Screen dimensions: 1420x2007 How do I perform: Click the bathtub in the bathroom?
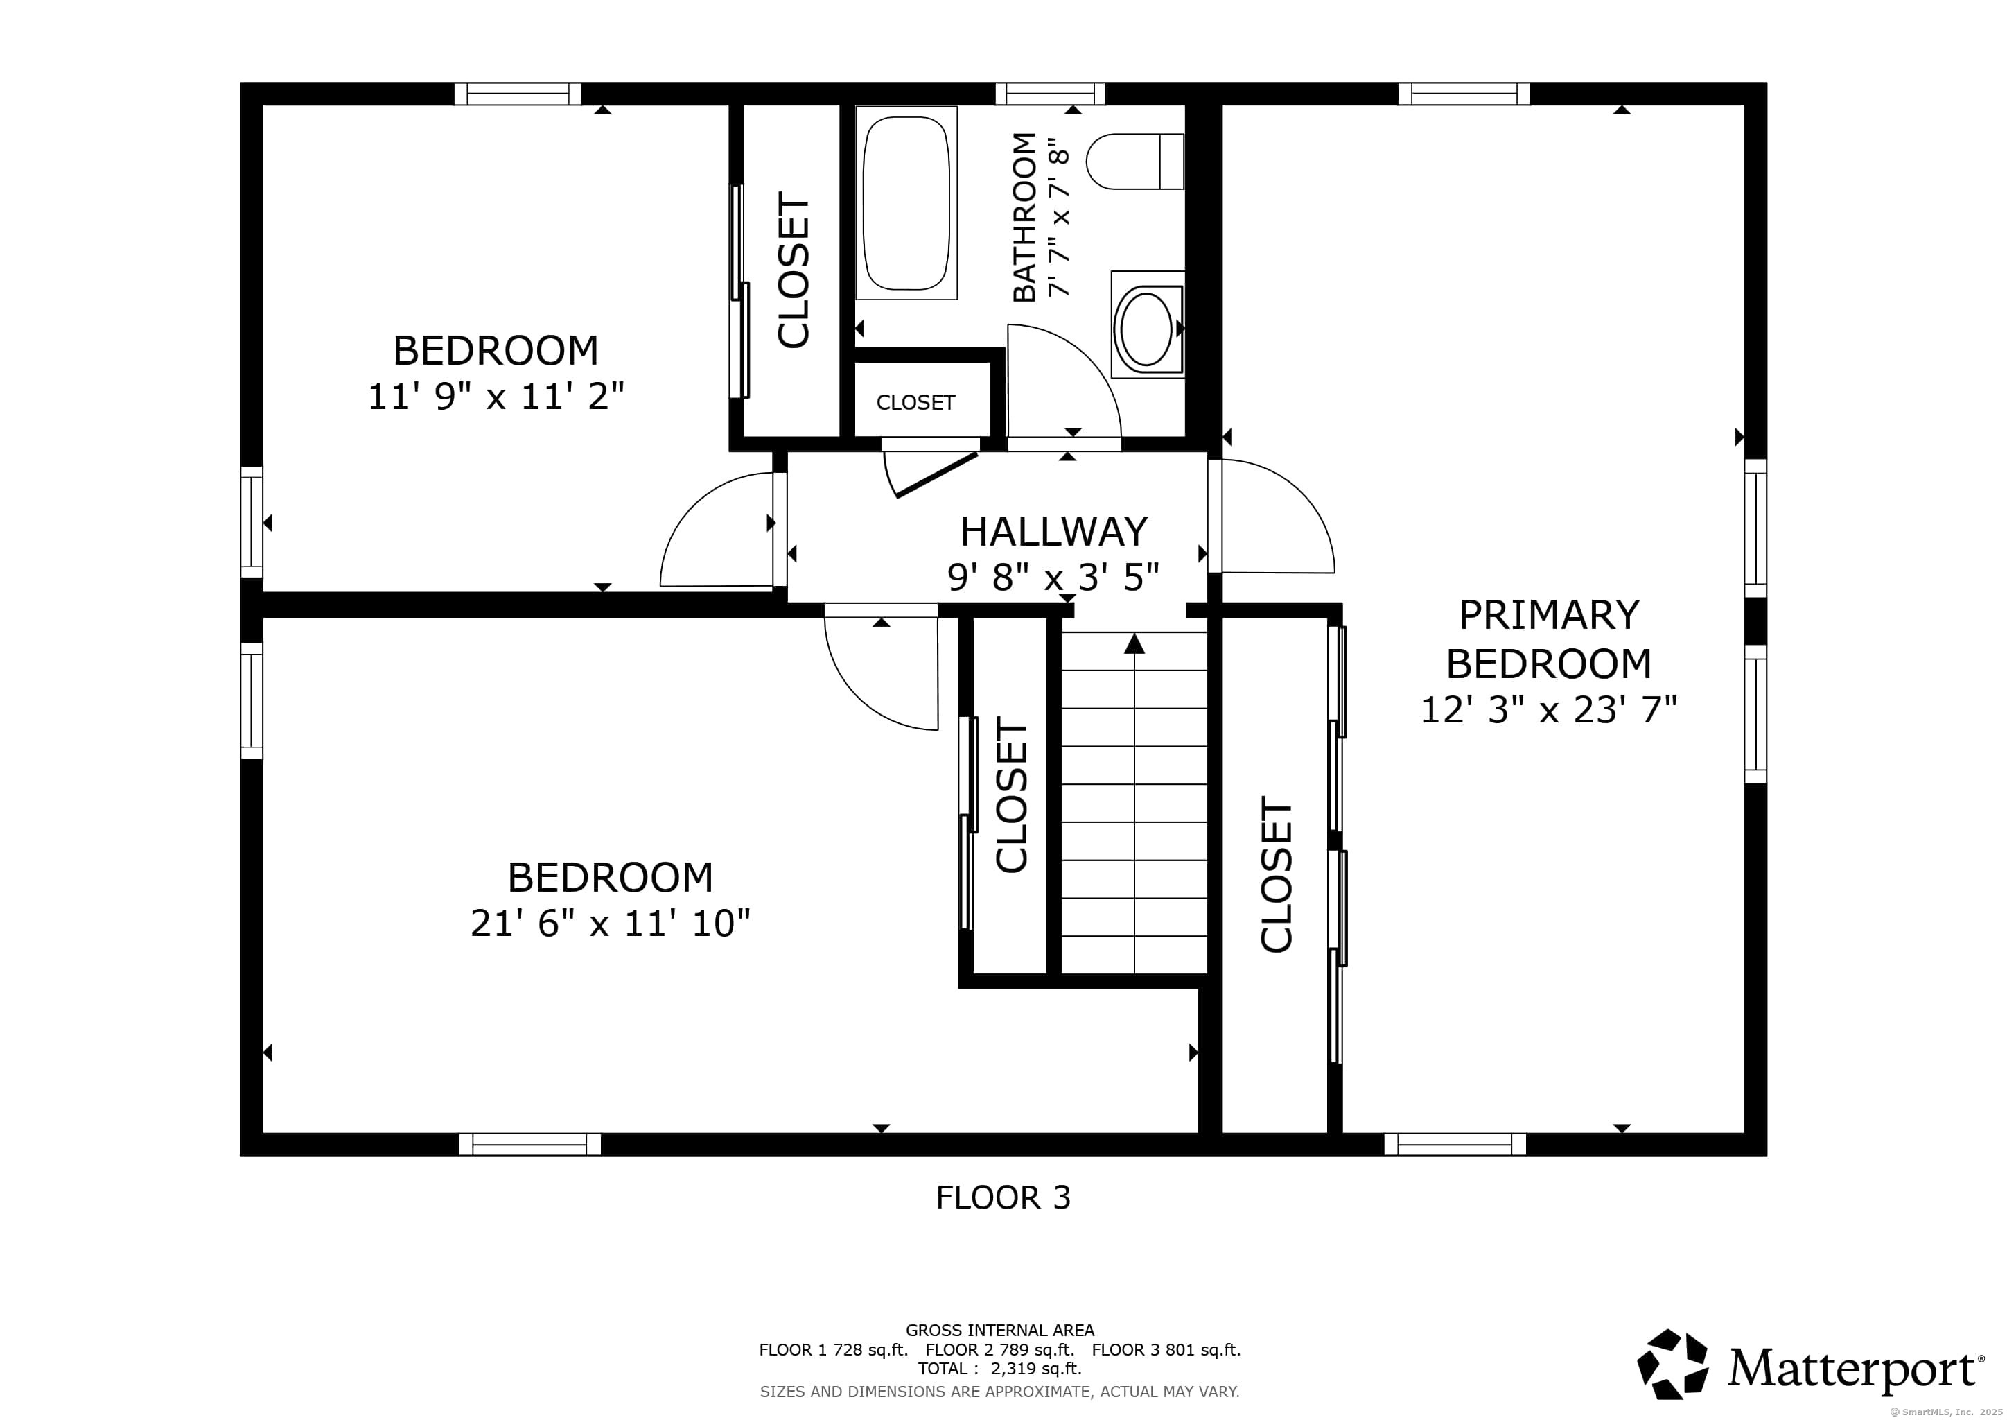[x=906, y=203]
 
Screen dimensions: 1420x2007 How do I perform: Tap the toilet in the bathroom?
[x=1134, y=162]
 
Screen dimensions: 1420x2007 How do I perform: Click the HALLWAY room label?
[x=1053, y=532]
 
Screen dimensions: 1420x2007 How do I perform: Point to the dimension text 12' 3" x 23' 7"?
[x=1548, y=710]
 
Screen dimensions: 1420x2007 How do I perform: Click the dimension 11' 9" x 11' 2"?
[x=496, y=397]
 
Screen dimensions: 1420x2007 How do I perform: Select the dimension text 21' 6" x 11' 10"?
[x=610, y=924]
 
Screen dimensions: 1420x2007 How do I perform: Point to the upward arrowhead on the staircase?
[x=1134, y=644]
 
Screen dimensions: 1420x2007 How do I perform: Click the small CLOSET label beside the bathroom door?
[x=915, y=402]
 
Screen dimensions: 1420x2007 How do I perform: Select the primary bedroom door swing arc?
[x=1285, y=516]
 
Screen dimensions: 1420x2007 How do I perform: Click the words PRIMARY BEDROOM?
[x=1548, y=639]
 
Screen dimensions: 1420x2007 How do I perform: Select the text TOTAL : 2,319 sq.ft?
[x=999, y=1369]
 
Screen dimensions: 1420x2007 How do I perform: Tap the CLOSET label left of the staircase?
[x=1010, y=796]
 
